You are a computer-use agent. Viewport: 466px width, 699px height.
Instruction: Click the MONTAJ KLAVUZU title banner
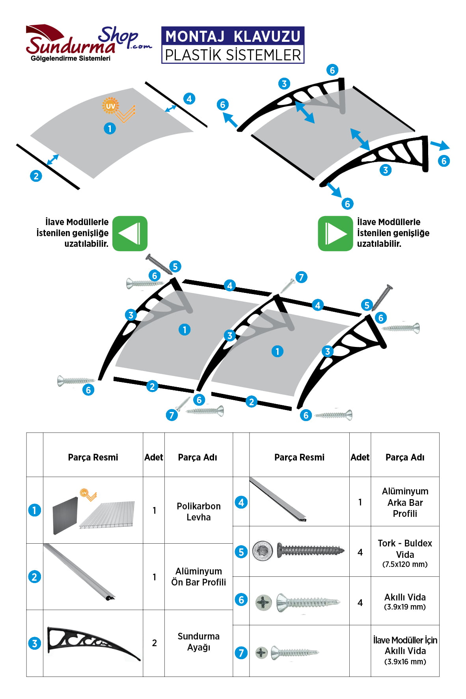[x=233, y=45]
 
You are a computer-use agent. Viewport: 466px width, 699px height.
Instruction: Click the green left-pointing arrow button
[x=130, y=233]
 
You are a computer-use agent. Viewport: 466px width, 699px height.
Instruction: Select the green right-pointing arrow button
[x=335, y=233]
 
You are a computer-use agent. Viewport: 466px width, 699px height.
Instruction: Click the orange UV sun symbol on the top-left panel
[x=110, y=106]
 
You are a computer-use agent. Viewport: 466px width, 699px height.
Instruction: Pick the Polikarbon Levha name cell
[x=198, y=511]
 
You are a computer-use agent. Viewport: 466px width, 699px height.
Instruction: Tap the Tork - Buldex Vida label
[x=404, y=548]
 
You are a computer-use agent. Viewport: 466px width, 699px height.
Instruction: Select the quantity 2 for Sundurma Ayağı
[x=154, y=643]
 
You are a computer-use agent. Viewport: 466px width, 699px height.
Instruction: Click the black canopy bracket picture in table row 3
[x=93, y=643]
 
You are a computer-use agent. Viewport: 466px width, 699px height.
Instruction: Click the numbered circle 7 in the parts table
[x=241, y=652]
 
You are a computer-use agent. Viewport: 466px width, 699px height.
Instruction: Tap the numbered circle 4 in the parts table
[x=241, y=502]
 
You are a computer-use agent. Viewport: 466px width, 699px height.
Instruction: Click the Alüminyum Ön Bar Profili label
[x=198, y=576]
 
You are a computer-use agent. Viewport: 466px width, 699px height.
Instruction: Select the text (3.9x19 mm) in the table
[x=404, y=607]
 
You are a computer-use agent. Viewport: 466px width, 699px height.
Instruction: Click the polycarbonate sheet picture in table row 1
[x=93, y=511]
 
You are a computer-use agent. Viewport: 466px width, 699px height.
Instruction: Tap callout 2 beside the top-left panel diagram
[x=36, y=176]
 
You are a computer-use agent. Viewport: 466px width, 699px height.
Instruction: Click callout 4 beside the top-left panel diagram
[x=189, y=99]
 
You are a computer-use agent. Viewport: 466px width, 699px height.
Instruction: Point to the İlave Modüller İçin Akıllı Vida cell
[x=404, y=651]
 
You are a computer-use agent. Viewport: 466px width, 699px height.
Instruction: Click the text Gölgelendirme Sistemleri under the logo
[x=71, y=58]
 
